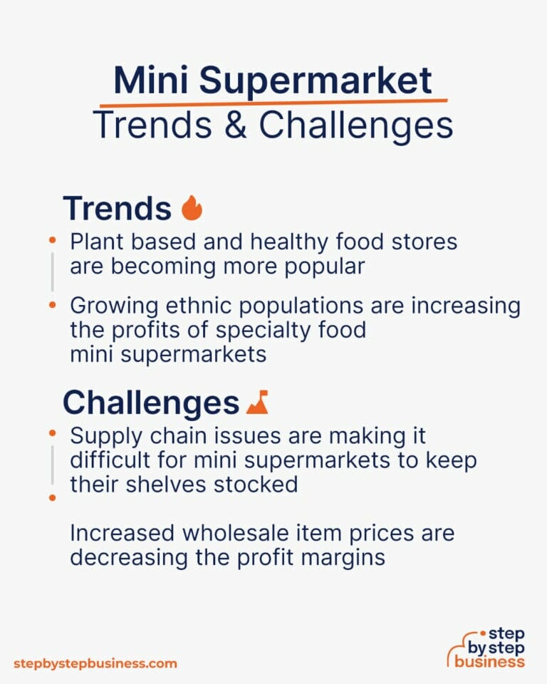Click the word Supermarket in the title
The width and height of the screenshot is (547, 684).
(315, 81)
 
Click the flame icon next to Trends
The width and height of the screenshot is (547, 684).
(192, 208)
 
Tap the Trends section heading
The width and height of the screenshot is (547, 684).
(117, 208)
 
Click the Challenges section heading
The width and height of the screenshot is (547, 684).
(150, 403)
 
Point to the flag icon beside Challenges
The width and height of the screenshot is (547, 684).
(256, 404)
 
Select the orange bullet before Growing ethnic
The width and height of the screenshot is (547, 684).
(52, 305)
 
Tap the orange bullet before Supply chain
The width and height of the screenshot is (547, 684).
(52, 433)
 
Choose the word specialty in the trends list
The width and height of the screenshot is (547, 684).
(276, 330)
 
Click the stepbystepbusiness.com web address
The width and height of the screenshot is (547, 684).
(95, 663)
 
